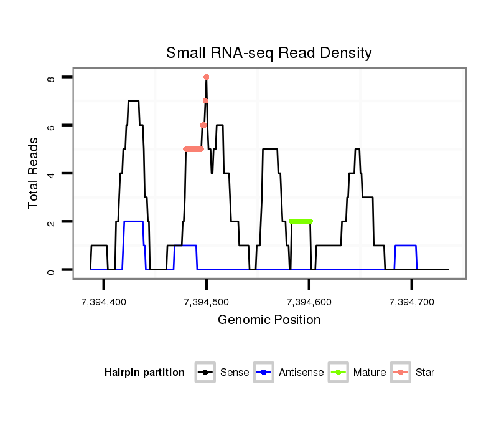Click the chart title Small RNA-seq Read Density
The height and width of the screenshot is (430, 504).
coord(269,53)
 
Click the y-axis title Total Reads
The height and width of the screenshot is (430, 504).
coord(34,173)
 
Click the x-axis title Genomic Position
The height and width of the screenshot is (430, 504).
coord(269,320)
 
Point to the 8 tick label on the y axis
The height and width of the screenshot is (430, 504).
coord(51,79)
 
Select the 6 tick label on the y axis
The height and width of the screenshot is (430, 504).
coord(51,125)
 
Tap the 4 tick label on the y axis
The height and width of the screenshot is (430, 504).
coord(51,173)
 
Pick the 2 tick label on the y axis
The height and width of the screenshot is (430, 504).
coord(51,222)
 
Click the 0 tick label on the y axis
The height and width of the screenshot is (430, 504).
coord(51,270)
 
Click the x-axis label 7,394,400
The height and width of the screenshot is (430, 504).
coord(104,302)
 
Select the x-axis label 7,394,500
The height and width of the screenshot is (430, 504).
coord(207,302)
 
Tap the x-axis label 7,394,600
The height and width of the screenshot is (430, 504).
coord(309,302)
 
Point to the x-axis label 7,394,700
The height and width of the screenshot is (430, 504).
coord(412,302)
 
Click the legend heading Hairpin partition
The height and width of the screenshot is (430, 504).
coord(144,373)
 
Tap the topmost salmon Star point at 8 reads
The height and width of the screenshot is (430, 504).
coord(206,77)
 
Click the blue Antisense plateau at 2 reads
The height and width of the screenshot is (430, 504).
coord(134,221)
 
